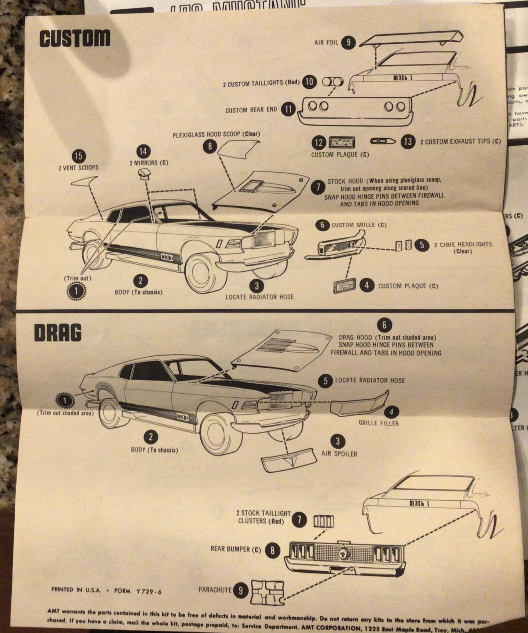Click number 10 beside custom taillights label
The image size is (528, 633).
pos(309,82)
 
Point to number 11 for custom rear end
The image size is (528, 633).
pos(288,109)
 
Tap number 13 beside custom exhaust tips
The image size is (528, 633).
pos(408,141)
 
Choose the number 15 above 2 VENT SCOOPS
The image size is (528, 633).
pos(78,156)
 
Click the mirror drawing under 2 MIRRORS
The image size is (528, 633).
pos(146,174)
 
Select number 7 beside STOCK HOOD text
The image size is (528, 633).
pos(318,188)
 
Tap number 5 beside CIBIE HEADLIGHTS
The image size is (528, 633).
pos(422,245)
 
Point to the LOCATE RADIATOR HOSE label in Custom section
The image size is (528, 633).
pos(259,297)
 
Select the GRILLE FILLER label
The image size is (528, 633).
pos(378,423)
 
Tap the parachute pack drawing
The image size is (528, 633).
pos(267,591)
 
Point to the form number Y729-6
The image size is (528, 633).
pos(149,591)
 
